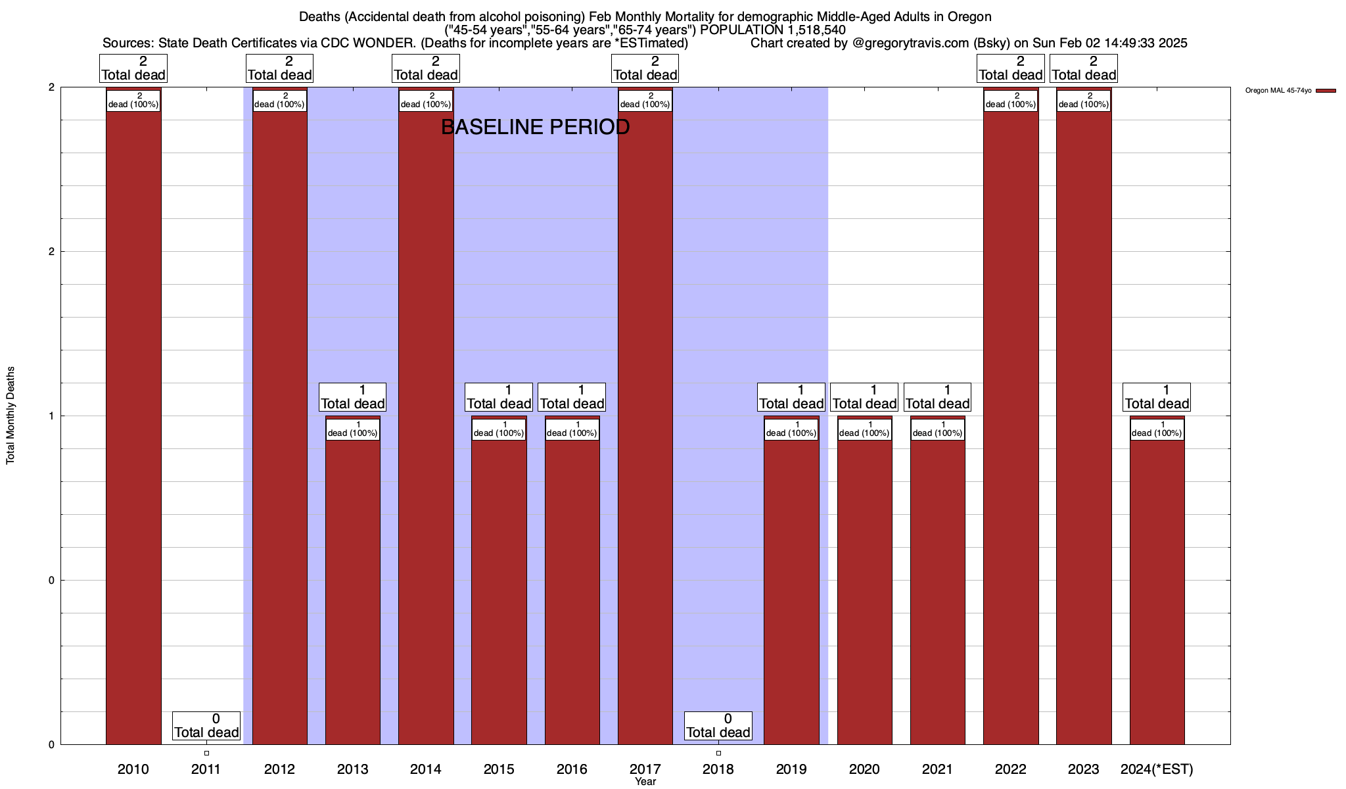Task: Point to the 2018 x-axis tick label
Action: (718, 769)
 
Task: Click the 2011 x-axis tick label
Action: (206, 769)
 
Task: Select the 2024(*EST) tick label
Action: (1157, 769)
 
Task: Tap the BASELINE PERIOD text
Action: (535, 127)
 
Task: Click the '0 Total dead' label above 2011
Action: (206, 726)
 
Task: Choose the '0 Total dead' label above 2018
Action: (718, 726)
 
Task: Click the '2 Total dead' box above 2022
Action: (1011, 68)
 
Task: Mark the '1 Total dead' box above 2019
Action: (791, 397)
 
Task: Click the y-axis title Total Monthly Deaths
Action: (11, 416)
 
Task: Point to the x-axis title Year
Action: (645, 781)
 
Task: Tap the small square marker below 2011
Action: (206, 753)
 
